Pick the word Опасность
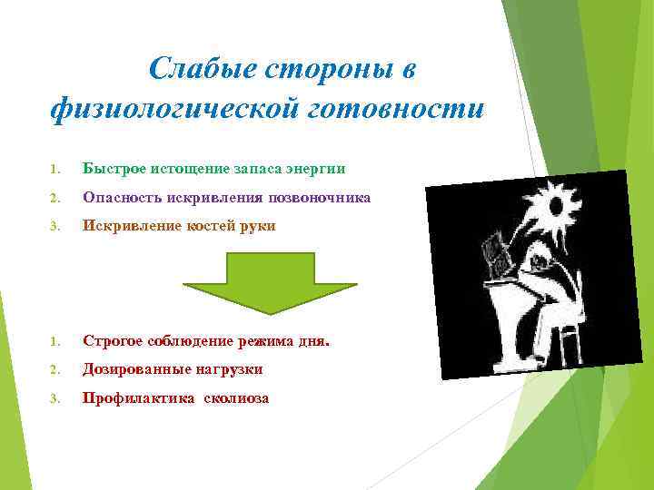click(x=118, y=197)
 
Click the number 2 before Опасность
click(x=54, y=198)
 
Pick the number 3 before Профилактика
click(x=54, y=399)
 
